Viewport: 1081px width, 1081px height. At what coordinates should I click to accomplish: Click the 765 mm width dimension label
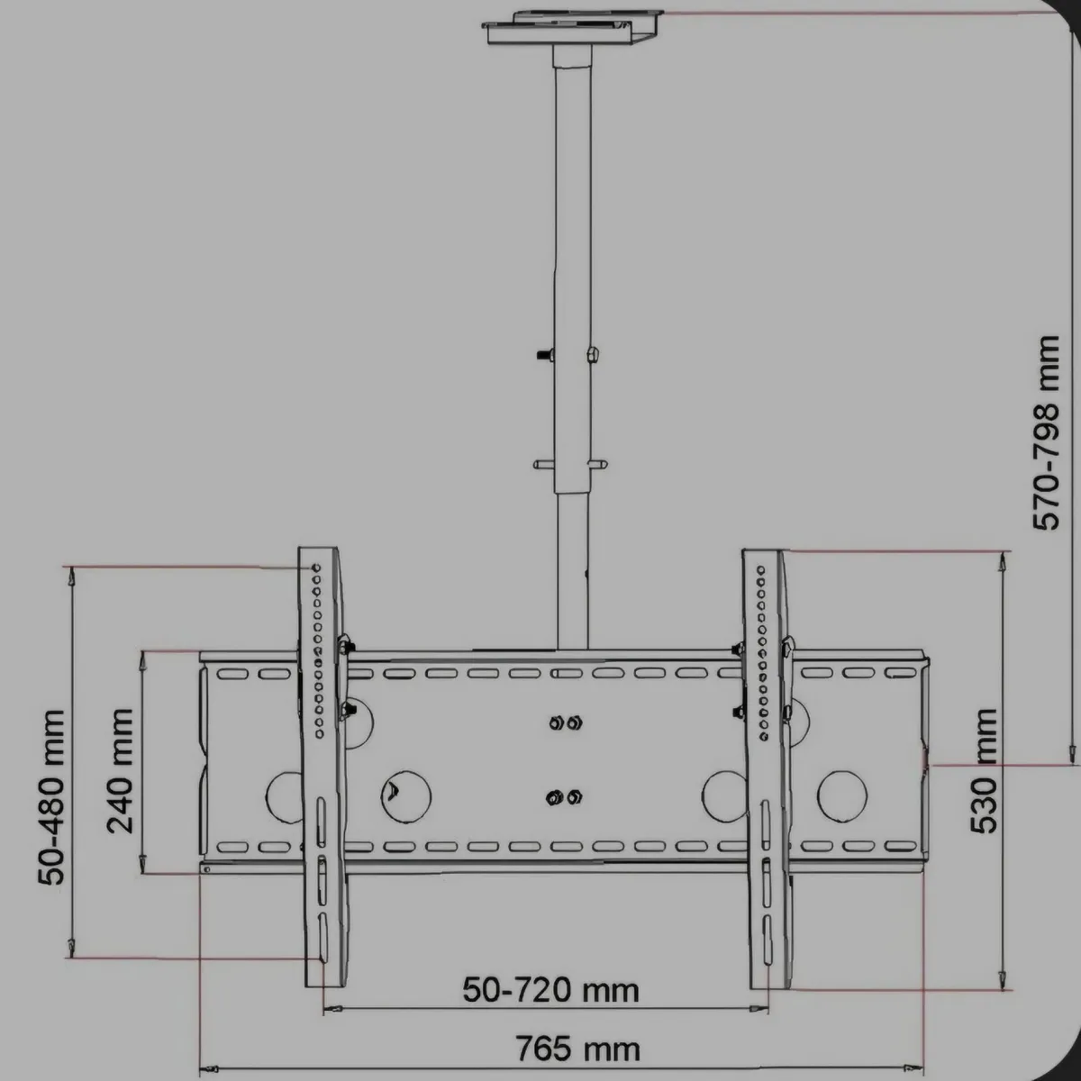click(x=577, y=1049)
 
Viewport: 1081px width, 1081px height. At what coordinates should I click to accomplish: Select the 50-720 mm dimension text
click(x=550, y=990)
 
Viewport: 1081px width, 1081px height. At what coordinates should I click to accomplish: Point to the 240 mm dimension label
click(x=120, y=770)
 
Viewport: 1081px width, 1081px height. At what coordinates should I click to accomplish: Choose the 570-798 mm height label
click(x=1047, y=433)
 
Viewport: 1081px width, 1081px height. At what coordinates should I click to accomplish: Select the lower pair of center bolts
click(x=564, y=796)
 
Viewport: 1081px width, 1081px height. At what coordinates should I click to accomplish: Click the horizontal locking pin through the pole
click(x=569, y=464)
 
